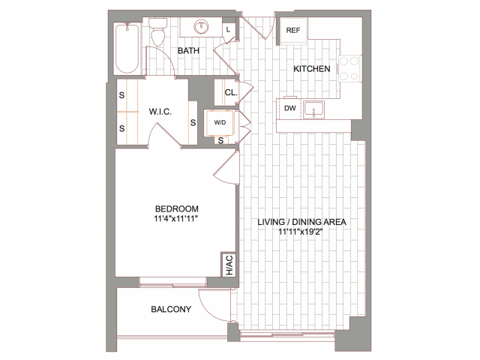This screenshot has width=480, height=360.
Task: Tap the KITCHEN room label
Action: click(x=311, y=68)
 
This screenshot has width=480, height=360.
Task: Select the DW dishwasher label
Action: click(x=290, y=108)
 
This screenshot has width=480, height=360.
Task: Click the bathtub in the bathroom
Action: click(x=127, y=48)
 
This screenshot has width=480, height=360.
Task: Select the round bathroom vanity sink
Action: click(x=201, y=28)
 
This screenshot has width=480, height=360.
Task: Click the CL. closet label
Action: click(x=230, y=93)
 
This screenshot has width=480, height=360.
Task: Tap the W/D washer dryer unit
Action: click(x=220, y=121)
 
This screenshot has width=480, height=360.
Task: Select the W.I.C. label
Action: click(x=160, y=111)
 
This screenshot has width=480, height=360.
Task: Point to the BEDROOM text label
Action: click(x=177, y=208)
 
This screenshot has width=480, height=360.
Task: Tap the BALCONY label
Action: click(x=171, y=309)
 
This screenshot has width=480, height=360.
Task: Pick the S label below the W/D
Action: click(x=220, y=140)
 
